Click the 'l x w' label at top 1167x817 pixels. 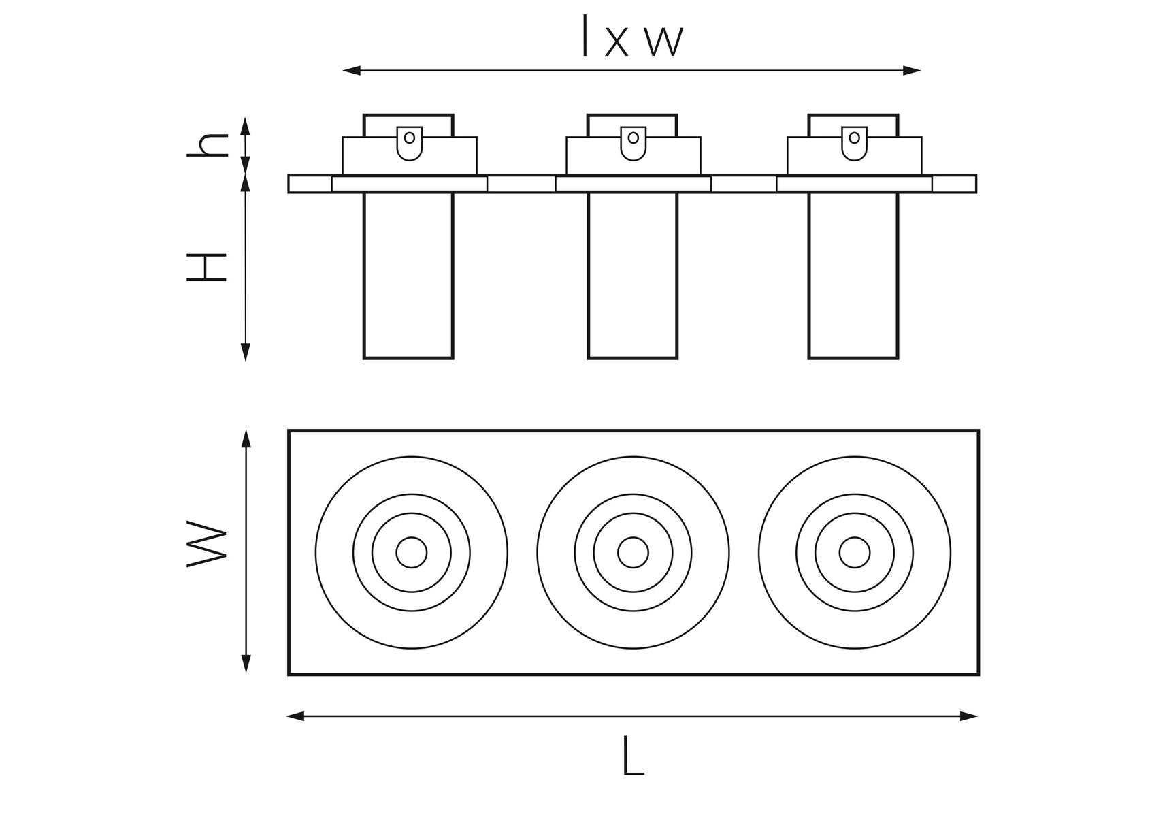[632, 37]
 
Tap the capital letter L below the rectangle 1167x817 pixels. [633, 756]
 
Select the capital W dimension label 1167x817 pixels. [207, 544]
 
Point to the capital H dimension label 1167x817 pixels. [207, 267]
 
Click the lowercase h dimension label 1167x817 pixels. [208, 145]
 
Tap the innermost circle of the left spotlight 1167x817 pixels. [412, 552]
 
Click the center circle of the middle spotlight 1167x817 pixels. [633, 552]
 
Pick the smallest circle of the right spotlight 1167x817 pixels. [854, 552]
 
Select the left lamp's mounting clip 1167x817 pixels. [410, 143]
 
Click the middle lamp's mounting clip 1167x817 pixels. [634, 143]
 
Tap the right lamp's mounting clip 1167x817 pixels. [855, 143]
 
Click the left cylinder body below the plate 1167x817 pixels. [408, 275]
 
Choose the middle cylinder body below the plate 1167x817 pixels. [633, 275]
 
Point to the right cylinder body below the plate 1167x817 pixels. [854, 275]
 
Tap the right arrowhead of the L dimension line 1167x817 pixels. [969, 716]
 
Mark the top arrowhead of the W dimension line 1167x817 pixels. [246, 438]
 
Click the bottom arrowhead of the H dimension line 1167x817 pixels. [246, 352]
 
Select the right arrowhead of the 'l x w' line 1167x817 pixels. [912, 70]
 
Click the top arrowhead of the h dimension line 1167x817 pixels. [246, 125]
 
